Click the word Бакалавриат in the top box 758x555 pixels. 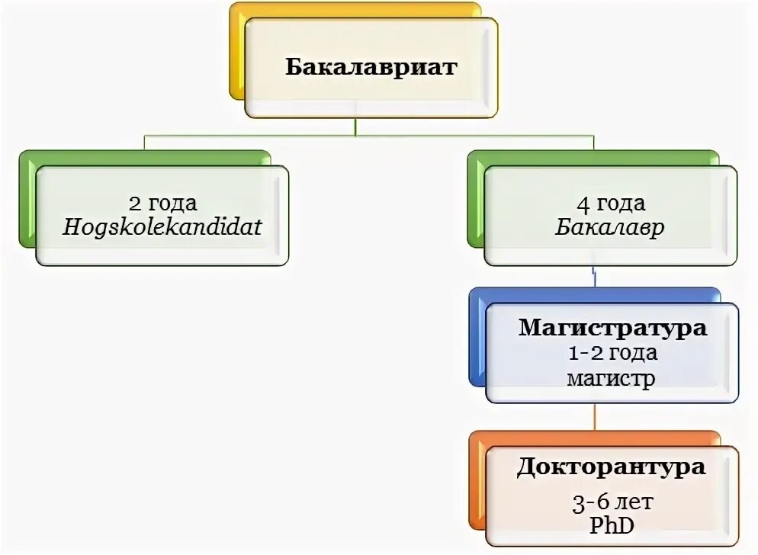click(371, 67)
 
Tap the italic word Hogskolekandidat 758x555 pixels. click(162, 227)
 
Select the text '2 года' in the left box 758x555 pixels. click(162, 204)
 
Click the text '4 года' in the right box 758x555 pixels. click(610, 204)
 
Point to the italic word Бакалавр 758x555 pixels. click(610, 227)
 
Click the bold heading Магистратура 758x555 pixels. click(612, 329)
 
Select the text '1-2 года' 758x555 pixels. click(612, 353)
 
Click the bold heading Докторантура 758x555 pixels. click(611, 467)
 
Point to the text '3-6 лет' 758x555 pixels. click(612, 502)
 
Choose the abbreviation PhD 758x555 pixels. click(612, 525)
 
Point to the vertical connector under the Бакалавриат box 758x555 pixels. click(355, 127)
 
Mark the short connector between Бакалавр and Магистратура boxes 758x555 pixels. click(594, 276)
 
